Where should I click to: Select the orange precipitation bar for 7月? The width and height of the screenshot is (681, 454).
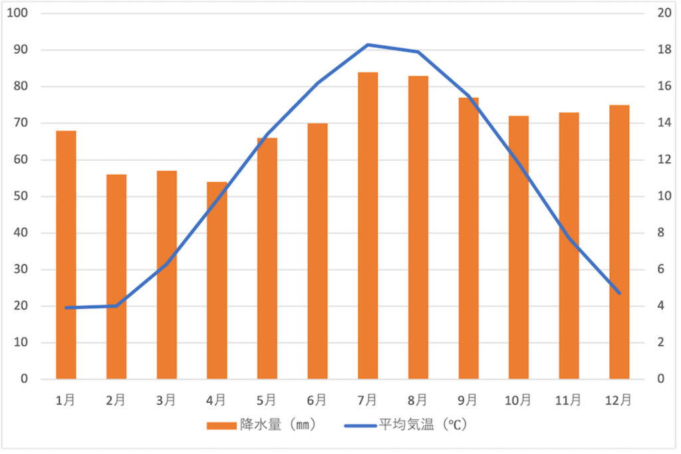pyautogui.click(x=367, y=226)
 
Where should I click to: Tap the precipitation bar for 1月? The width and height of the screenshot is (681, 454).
pyautogui.click(x=66, y=255)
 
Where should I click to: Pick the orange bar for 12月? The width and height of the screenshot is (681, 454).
pyautogui.click(x=619, y=242)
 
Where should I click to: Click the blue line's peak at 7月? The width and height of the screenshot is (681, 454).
pyautogui.click(x=367, y=45)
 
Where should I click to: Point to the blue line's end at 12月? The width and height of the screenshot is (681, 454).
pyautogui.click(x=619, y=293)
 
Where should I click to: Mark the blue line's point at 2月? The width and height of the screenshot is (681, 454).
pyautogui.click(x=116, y=306)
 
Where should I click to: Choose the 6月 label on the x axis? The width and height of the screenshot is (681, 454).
pyautogui.click(x=317, y=399)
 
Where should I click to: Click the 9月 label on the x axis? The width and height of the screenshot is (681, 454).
pyautogui.click(x=468, y=399)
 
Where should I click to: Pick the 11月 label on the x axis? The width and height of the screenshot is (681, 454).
pyautogui.click(x=568, y=399)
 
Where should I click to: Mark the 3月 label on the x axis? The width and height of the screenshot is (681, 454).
pyautogui.click(x=166, y=399)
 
